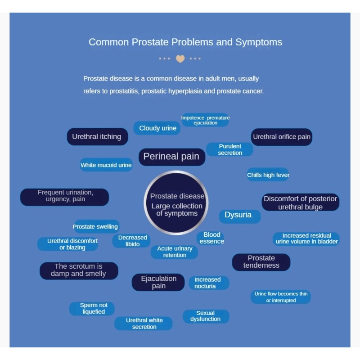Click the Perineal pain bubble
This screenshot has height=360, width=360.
point(171,157)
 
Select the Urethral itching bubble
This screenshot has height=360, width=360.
point(97,137)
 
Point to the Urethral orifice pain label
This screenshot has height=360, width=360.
point(282,137)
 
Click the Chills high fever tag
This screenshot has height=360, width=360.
point(268,175)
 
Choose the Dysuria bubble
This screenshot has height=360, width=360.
point(238,215)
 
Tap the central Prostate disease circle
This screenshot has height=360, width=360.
point(177,203)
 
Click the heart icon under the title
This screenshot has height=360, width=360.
point(180,59)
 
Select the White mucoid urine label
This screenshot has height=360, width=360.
point(106,165)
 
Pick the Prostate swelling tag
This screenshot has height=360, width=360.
point(95,227)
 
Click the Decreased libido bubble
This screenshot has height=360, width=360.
point(132,241)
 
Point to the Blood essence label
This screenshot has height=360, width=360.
point(211,238)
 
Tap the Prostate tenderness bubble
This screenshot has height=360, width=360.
point(261,262)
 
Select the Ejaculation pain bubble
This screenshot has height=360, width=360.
point(158,282)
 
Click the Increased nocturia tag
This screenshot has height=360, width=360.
point(207,283)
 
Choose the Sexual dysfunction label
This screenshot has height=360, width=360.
point(206,316)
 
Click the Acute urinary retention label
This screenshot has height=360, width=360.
point(175,252)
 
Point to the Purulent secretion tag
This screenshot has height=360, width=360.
point(230,149)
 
